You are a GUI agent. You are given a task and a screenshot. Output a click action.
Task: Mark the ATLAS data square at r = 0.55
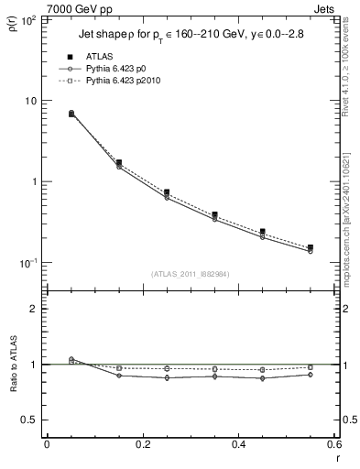[310, 247]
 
